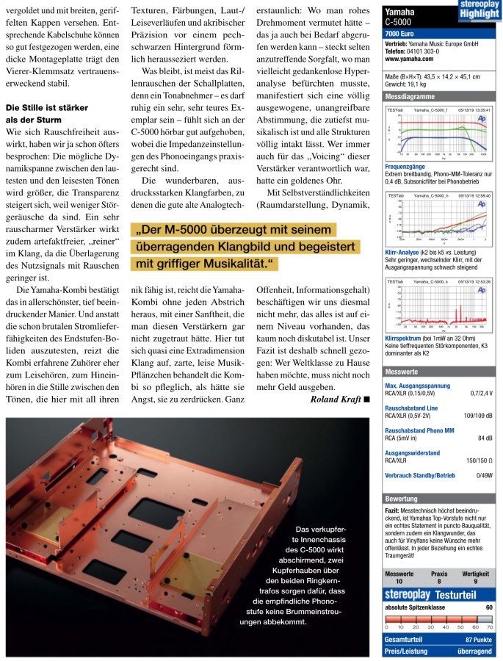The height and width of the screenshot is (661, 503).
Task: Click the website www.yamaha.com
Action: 406,59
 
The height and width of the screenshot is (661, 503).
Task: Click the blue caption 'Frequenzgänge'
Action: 404,167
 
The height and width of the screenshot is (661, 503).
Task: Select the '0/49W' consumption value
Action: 484,476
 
